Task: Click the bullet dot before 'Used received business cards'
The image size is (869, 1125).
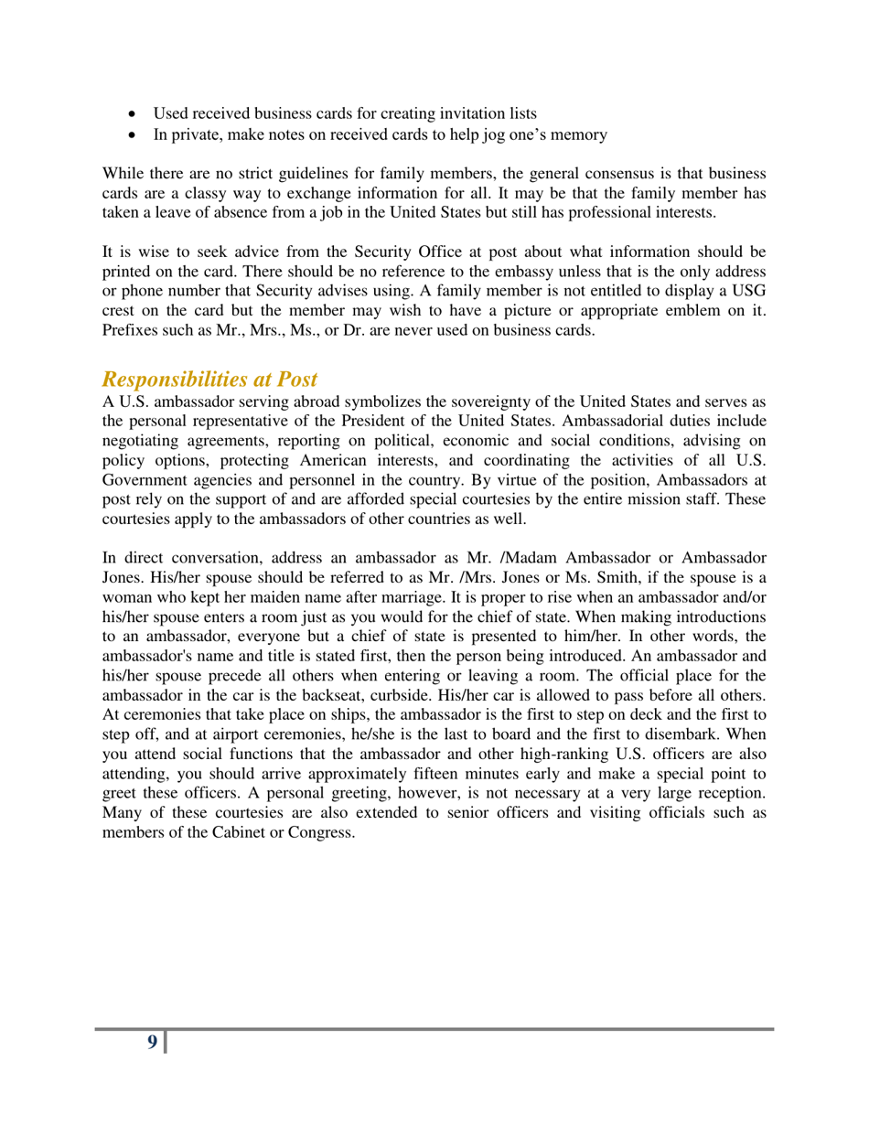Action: [x=135, y=114]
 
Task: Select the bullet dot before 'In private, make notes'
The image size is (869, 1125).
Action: [x=135, y=136]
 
